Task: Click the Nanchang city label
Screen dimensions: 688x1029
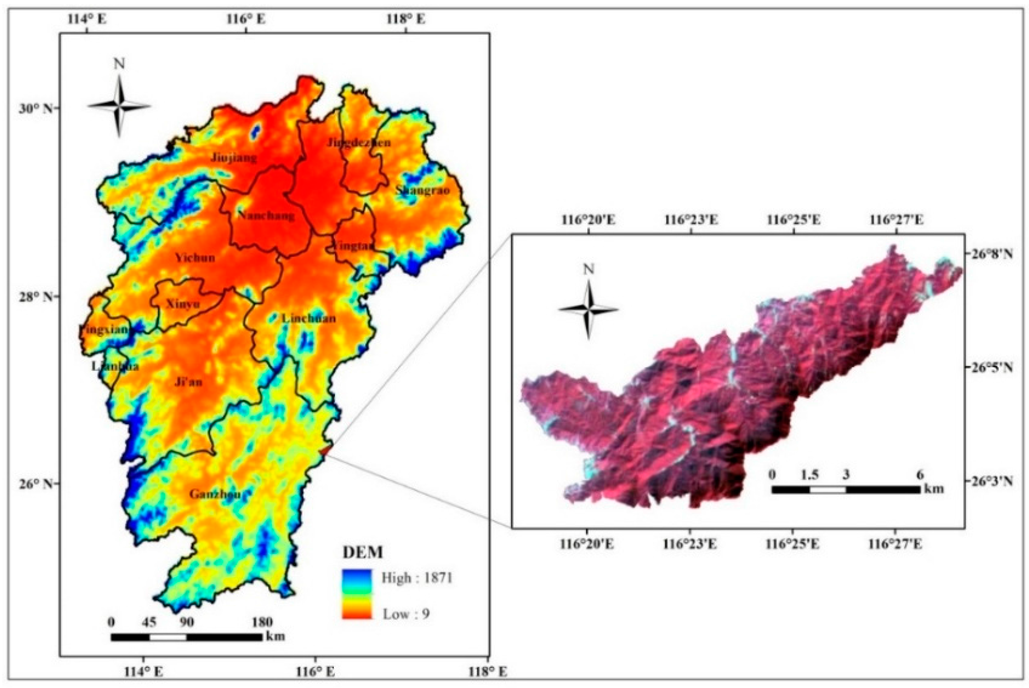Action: coord(266,215)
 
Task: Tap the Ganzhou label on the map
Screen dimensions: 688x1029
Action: coord(215,494)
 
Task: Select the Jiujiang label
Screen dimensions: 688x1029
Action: coord(234,158)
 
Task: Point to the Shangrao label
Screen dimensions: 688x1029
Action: coord(423,190)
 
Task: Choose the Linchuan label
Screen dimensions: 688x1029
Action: coord(309,318)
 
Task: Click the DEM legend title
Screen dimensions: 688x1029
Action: coord(363,552)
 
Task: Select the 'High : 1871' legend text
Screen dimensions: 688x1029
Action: coord(417,578)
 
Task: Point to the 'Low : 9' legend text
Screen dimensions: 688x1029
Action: coord(406,613)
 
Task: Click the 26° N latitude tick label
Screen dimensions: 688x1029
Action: coord(33,484)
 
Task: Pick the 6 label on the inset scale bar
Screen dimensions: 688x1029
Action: coord(920,475)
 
